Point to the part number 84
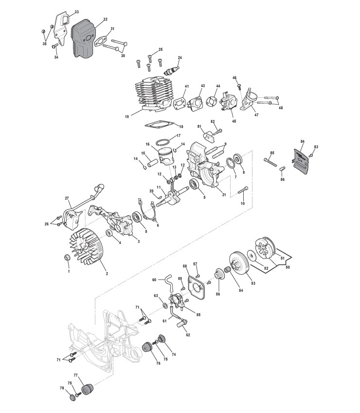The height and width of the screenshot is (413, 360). tap(302, 141)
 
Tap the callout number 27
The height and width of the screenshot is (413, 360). tap(67, 198)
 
